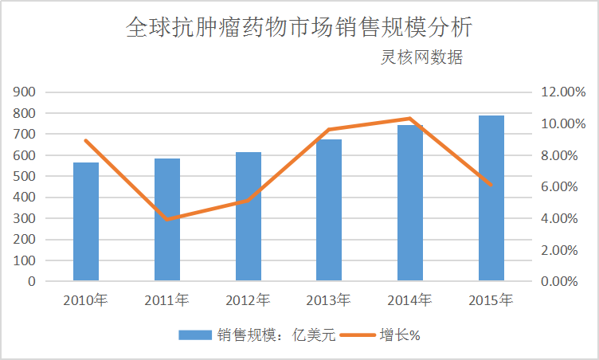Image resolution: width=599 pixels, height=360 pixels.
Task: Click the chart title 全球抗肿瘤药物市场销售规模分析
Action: (x=299, y=28)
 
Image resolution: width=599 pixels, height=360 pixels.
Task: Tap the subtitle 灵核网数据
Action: (x=421, y=58)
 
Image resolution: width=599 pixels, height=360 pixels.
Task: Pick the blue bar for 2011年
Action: (x=167, y=219)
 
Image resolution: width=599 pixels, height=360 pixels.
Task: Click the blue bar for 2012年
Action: (x=249, y=216)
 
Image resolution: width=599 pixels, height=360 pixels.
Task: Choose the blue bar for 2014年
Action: (x=410, y=202)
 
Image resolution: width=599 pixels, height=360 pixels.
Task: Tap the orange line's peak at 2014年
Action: (x=410, y=119)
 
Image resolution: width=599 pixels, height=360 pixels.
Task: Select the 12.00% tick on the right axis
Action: (x=562, y=92)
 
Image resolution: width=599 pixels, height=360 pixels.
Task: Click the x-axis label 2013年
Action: (x=329, y=301)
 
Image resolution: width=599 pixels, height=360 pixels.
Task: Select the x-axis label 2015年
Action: (x=491, y=301)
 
